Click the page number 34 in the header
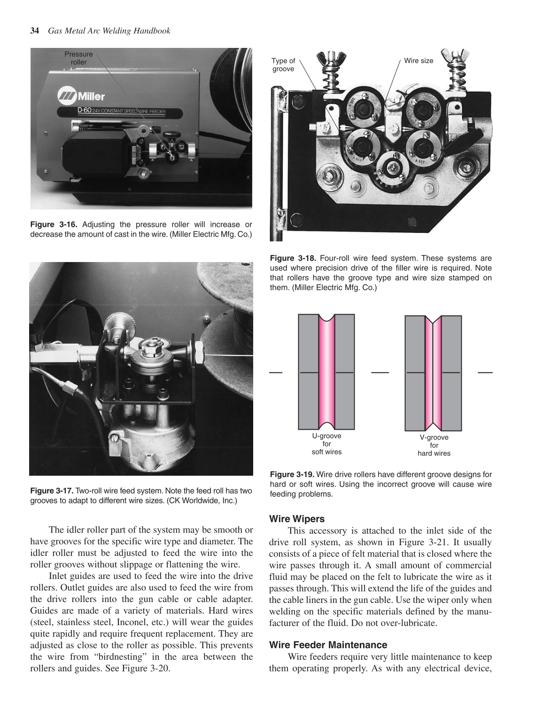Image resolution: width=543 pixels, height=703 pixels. (34, 31)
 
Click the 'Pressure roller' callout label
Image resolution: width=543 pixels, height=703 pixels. (78, 58)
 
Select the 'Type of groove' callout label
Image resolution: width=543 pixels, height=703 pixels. (283, 65)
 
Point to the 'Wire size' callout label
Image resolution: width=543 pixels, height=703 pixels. (419, 61)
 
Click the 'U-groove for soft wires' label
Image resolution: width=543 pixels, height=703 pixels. (326, 444)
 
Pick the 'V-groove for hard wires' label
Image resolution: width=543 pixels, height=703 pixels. (434, 445)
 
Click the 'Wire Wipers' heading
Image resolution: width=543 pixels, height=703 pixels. (296, 519)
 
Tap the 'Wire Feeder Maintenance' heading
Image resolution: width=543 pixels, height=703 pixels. (328, 645)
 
